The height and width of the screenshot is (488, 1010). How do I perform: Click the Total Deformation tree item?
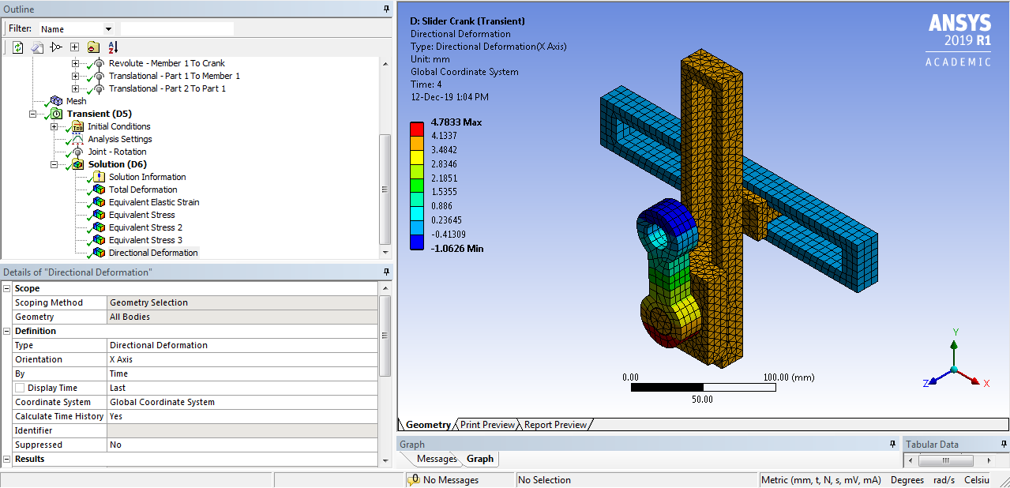(x=143, y=190)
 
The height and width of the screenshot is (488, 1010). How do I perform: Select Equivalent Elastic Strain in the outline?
(x=154, y=202)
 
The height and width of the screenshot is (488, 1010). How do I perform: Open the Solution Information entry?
(x=147, y=177)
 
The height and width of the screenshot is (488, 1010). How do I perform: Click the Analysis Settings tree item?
(x=119, y=139)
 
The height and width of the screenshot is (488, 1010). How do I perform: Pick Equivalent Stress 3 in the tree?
(x=145, y=240)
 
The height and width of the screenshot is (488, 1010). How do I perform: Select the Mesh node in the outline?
(x=76, y=101)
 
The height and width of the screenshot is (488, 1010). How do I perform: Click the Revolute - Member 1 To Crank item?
(x=167, y=63)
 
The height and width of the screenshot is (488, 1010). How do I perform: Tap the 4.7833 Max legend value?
(x=456, y=122)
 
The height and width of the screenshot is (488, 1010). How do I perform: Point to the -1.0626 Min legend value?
(x=457, y=249)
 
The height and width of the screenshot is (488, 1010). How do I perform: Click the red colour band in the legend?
(x=416, y=129)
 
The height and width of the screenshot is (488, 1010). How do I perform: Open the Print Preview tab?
(x=487, y=425)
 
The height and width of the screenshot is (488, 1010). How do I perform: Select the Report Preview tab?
(x=555, y=425)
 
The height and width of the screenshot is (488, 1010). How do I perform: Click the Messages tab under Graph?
(x=437, y=459)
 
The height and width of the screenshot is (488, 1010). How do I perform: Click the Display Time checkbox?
(x=20, y=388)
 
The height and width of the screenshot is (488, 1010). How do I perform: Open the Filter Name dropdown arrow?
(x=108, y=29)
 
